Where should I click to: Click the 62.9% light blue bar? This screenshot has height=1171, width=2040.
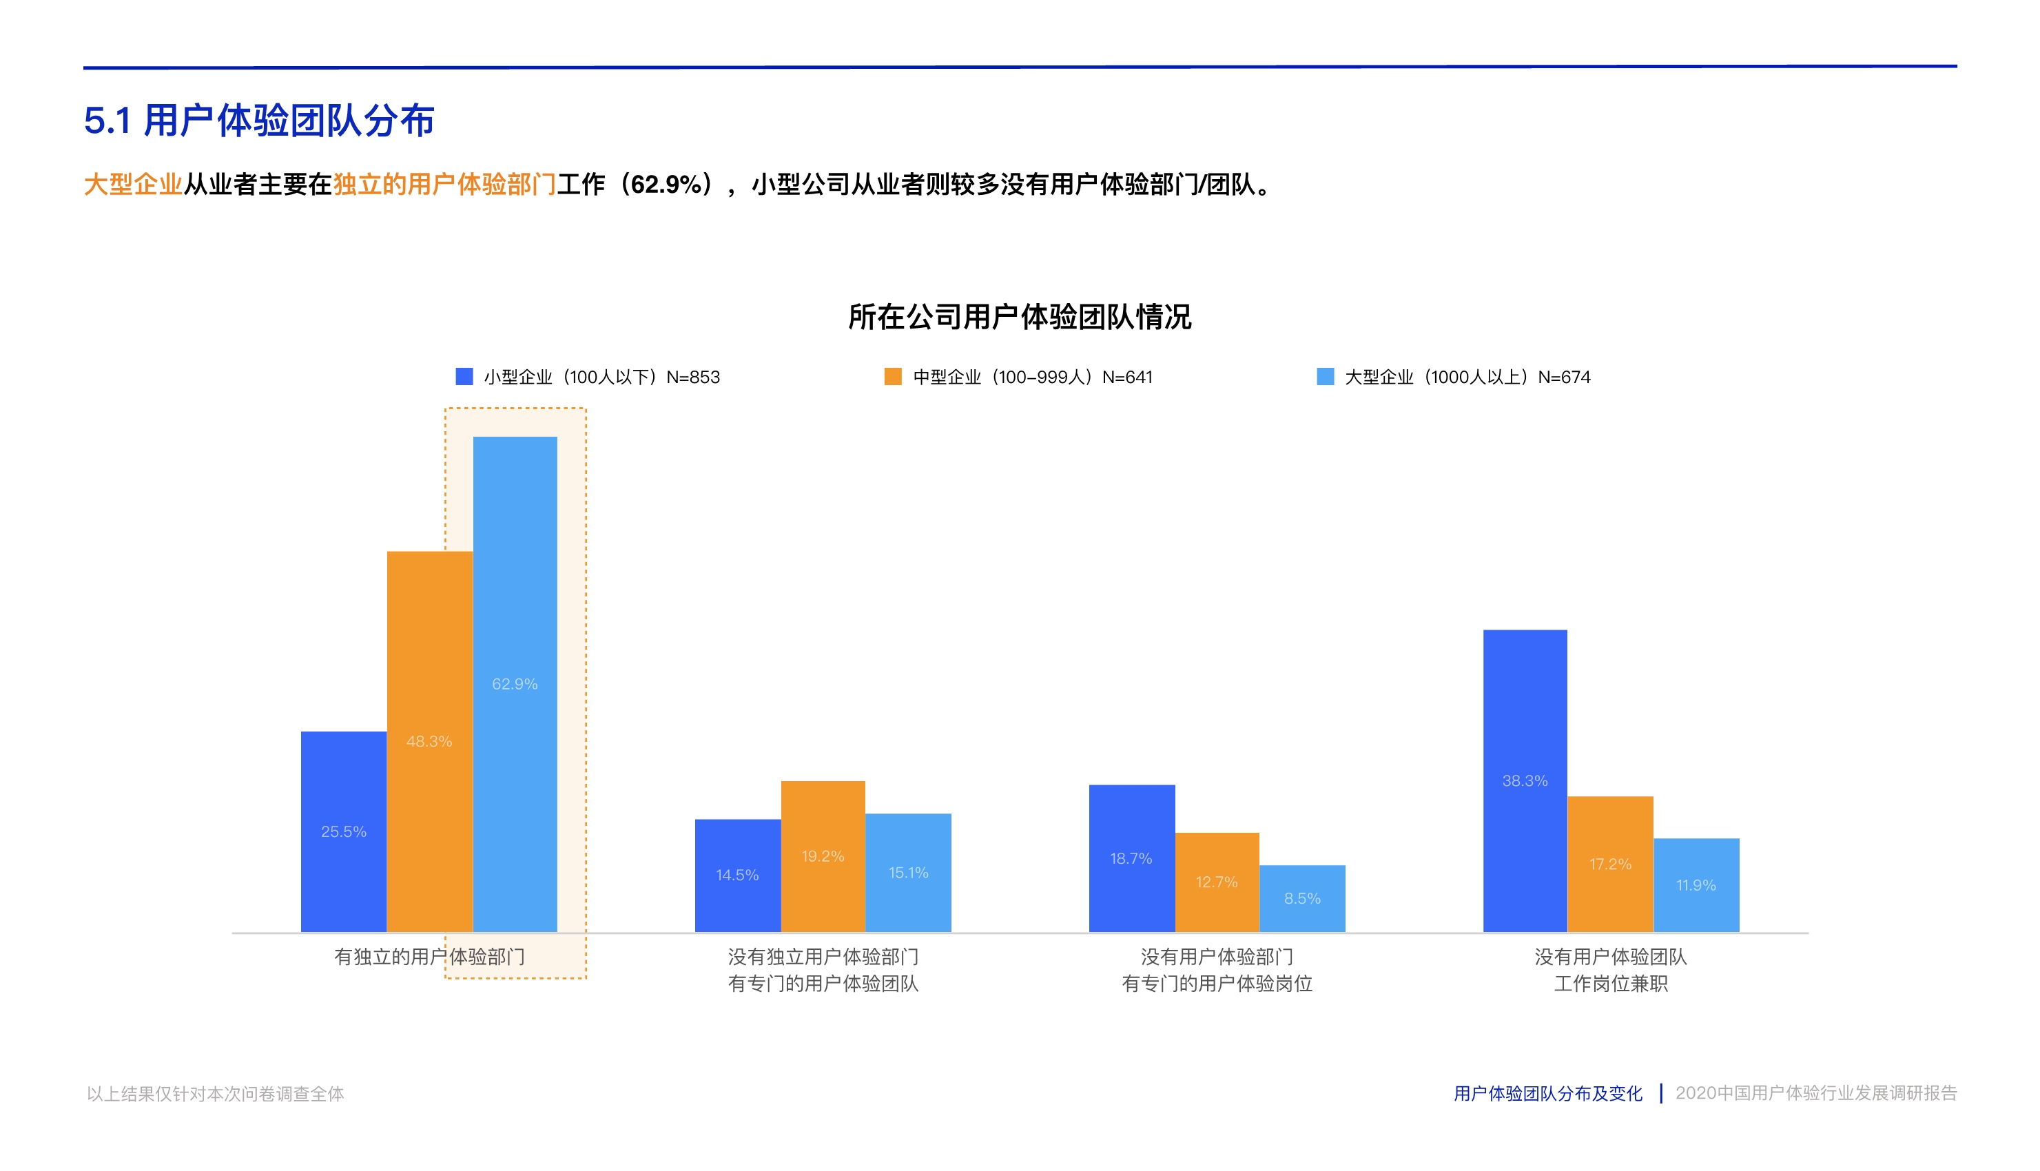coord(515,683)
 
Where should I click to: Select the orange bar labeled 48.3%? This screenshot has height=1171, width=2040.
coord(429,740)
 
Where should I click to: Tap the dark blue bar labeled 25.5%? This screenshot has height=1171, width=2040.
coord(344,831)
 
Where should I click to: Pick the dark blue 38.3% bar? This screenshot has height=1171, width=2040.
coord(1525,780)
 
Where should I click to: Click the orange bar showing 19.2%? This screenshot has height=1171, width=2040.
coord(822,856)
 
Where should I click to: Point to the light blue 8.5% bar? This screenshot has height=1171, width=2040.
coord(1301,898)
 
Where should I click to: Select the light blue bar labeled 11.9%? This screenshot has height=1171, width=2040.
coord(1696,884)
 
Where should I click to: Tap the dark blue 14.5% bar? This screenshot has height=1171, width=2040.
coord(737,875)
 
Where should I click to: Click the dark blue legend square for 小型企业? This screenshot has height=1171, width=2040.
coord(464,376)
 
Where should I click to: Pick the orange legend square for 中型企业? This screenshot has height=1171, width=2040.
coord(892,376)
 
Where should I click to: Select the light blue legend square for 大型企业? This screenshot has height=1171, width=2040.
coord(1325,376)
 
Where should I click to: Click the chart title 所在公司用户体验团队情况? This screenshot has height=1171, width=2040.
coord(1019,317)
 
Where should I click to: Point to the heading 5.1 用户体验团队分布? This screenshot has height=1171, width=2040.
coord(259,121)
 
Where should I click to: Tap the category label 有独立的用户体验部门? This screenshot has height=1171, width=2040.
coord(429,956)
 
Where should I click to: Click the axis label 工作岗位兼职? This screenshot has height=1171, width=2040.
coord(1611,984)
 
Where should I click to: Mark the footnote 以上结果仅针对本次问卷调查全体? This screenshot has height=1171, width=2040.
coord(215,1094)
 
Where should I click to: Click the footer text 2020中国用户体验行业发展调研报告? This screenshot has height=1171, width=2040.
coord(1815,1093)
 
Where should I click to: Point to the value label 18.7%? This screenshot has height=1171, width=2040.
coord(1131,858)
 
